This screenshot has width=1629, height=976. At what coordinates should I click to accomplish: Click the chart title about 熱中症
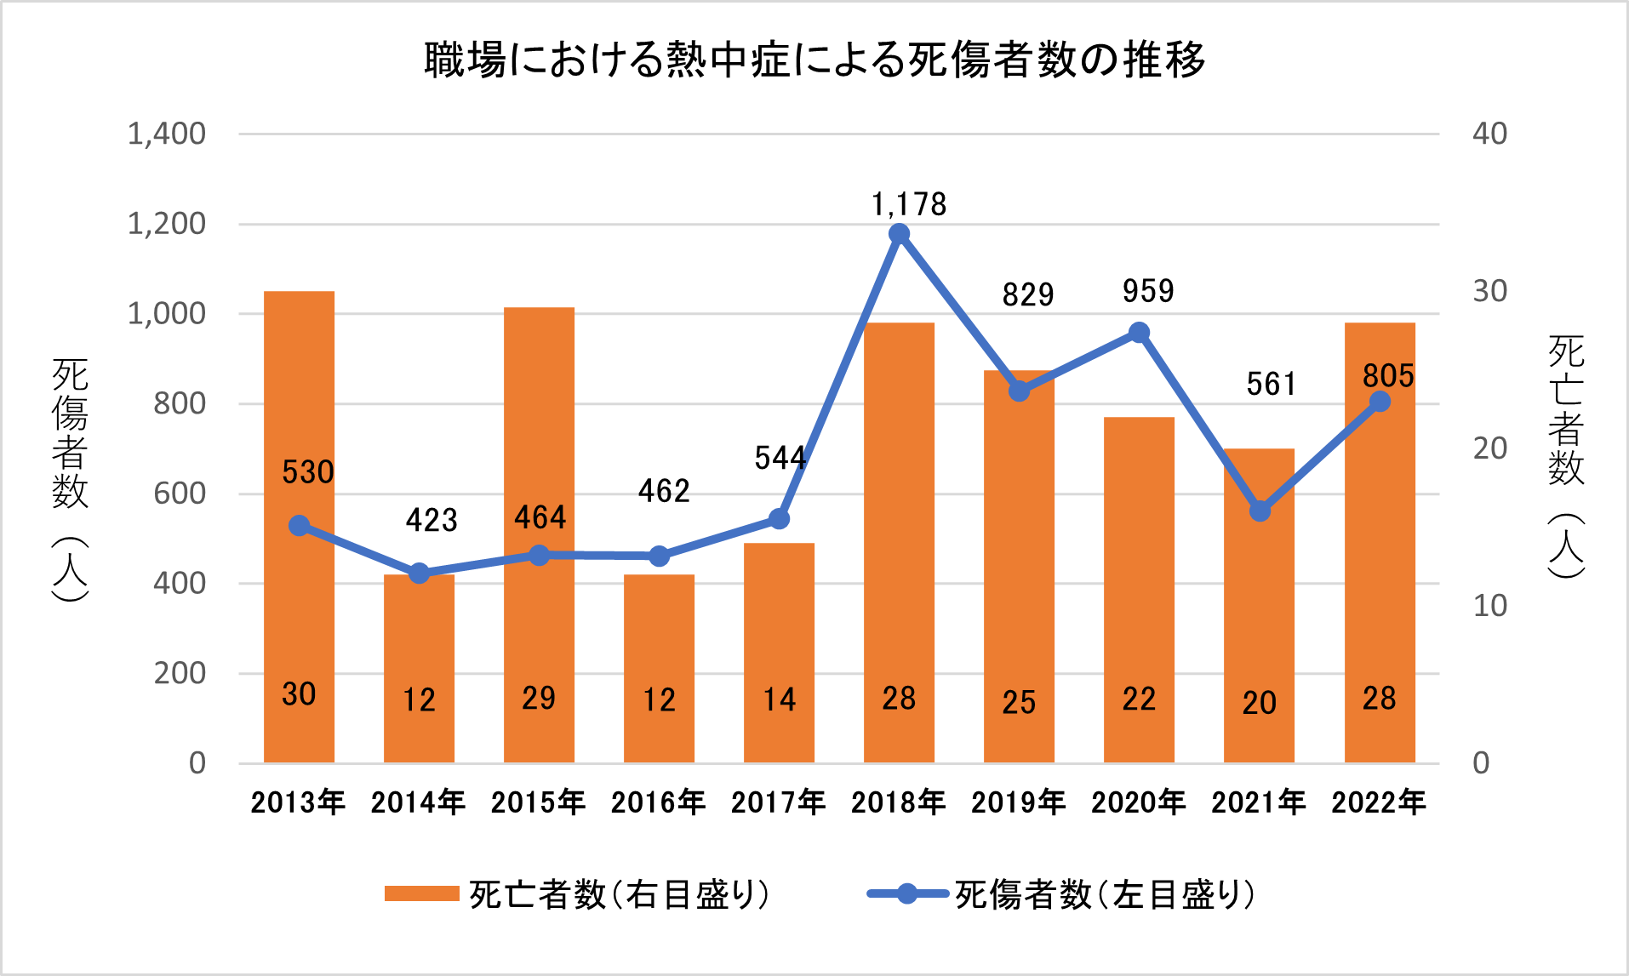tap(814, 60)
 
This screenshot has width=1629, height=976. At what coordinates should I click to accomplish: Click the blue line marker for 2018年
tap(899, 234)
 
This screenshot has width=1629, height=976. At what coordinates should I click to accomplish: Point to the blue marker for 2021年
tap(1260, 511)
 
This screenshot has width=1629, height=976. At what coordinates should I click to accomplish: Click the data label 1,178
tap(909, 204)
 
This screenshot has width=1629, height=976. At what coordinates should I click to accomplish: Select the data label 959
tap(1148, 292)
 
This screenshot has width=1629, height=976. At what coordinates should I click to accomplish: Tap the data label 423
tap(432, 520)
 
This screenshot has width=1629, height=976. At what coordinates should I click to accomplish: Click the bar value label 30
tap(299, 694)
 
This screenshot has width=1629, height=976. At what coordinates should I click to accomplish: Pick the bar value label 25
tap(1019, 702)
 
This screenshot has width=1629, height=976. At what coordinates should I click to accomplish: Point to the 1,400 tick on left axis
tap(167, 134)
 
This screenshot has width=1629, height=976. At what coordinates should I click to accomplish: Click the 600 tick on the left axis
tap(180, 494)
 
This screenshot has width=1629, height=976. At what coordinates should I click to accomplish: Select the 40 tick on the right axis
tap(1489, 134)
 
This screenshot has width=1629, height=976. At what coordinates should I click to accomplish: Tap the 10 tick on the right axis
tap(1489, 606)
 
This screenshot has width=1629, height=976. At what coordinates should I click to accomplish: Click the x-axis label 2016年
tap(658, 802)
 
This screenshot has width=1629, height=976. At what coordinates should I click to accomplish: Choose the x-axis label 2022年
tap(1379, 802)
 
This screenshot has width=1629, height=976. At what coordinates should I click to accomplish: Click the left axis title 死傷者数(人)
tap(70, 480)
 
